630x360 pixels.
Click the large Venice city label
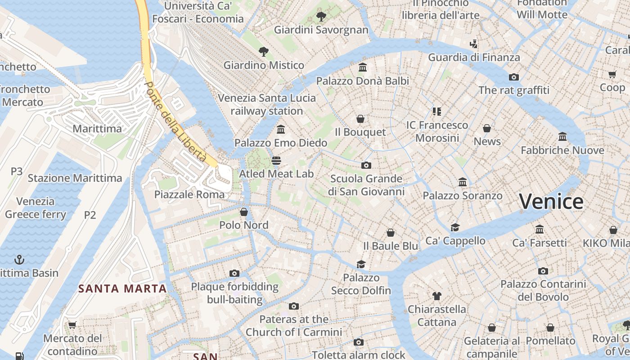coord(551,201)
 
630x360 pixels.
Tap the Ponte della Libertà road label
coord(176,122)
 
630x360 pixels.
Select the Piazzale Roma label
coord(189,194)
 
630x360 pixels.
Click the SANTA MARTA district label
coord(122,288)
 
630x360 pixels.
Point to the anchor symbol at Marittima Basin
coord(19,260)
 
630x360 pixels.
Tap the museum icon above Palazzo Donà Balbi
coord(363,67)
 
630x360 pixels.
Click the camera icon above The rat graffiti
coord(514,77)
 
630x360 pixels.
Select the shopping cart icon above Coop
coord(612,74)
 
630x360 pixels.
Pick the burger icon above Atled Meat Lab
coord(276,161)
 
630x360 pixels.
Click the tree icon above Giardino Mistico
coord(264,52)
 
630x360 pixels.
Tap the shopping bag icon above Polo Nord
coord(244,211)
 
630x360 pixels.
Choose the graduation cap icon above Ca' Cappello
coord(455,227)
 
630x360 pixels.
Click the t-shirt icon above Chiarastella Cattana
coord(436,296)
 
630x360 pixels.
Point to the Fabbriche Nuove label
coord(562,150)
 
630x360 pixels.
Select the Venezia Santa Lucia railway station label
coord(267,104)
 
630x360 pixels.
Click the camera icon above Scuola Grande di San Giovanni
coord(366,165)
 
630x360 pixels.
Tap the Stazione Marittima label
coord(75,178)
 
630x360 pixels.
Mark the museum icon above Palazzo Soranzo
coord(463,182)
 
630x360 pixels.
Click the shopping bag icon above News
coord(487,128)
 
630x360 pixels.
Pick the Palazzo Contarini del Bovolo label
coord(543,290)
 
